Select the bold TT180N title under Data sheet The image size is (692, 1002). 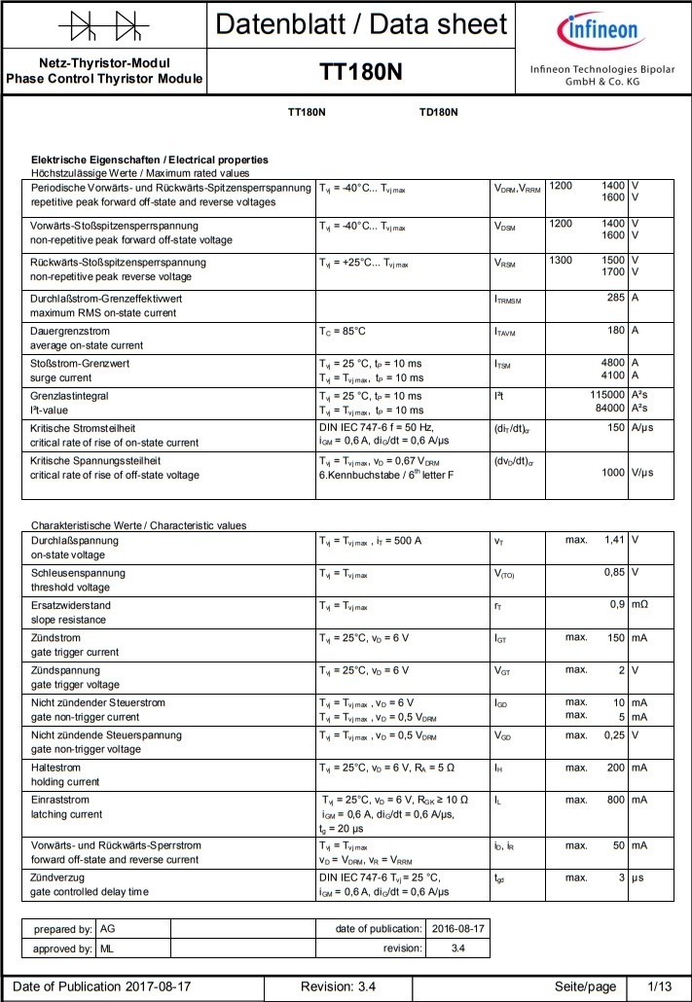click(x=360, y=73)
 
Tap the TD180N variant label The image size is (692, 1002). click(x=438, y=112)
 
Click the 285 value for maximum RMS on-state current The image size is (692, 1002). click(x=615, y=298)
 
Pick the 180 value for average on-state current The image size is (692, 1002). click(x=615, y=331)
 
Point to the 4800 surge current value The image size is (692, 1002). click(x=612, y=363)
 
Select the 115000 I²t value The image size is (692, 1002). click(x=607, y=396)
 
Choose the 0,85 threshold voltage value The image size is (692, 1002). click(x=612, y=572)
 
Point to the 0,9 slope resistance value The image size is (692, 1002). click(x=616, y=604)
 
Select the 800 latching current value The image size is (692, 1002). click(x=615, y=800)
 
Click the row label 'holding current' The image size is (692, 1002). click(x=65, y=781)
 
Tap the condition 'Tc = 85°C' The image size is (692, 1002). click(x=343, y=331)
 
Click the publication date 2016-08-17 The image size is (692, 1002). click(x=457, y=929)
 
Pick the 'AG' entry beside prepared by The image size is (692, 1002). click(x=108, y=929)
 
